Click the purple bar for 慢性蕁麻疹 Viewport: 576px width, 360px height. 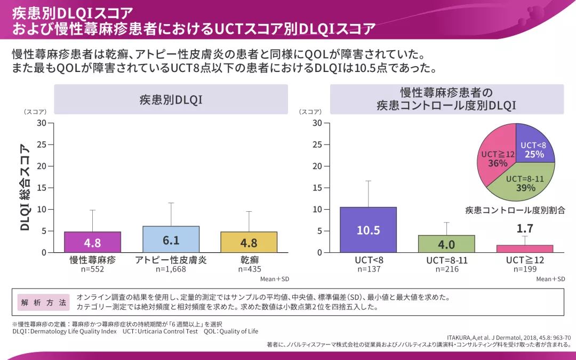pyautogui.click(x=92, y=242)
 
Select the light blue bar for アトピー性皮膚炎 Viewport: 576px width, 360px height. pyautogui.click(x=171, y=239)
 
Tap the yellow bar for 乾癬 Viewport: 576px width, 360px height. pyautogui.click(x=249, y=242)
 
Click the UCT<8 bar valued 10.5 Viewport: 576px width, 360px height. pyautogui.click(x=368, y=230)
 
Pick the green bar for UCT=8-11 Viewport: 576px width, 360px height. pyautogui.click(x=446, y=244)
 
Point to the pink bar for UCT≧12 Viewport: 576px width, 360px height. pyautogui.click(x=524, y=249)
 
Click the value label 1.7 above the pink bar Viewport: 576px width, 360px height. pyautogui.click(x=524, y=229)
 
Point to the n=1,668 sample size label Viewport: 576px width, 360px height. pyautogui.click(x=171, y=269)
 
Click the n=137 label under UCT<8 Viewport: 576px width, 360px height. pyautogui.click(x=368, y=269)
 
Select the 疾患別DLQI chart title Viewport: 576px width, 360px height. pyautogui.click(x=171, y=99)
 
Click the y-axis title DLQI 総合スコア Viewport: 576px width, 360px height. pyautogui.click(x=25, y=187)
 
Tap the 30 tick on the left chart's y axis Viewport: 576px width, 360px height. pyautogui.click(x=42, y=123)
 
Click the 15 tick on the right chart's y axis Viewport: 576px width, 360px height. pyautogui.click(x=317, y=188)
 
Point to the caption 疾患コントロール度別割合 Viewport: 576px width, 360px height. pyautogui.click(x=515, y=210)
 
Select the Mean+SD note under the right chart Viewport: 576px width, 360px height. pyautogui.click(x=550, y=279)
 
